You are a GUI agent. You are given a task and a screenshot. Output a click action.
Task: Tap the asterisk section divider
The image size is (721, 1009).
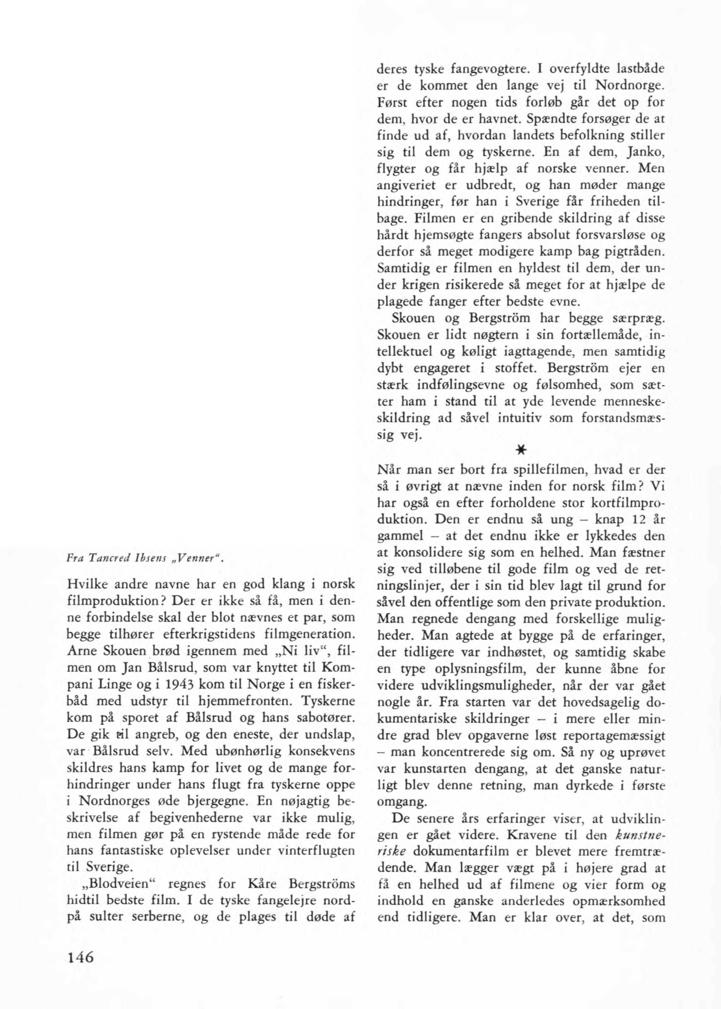pos(521,450)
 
